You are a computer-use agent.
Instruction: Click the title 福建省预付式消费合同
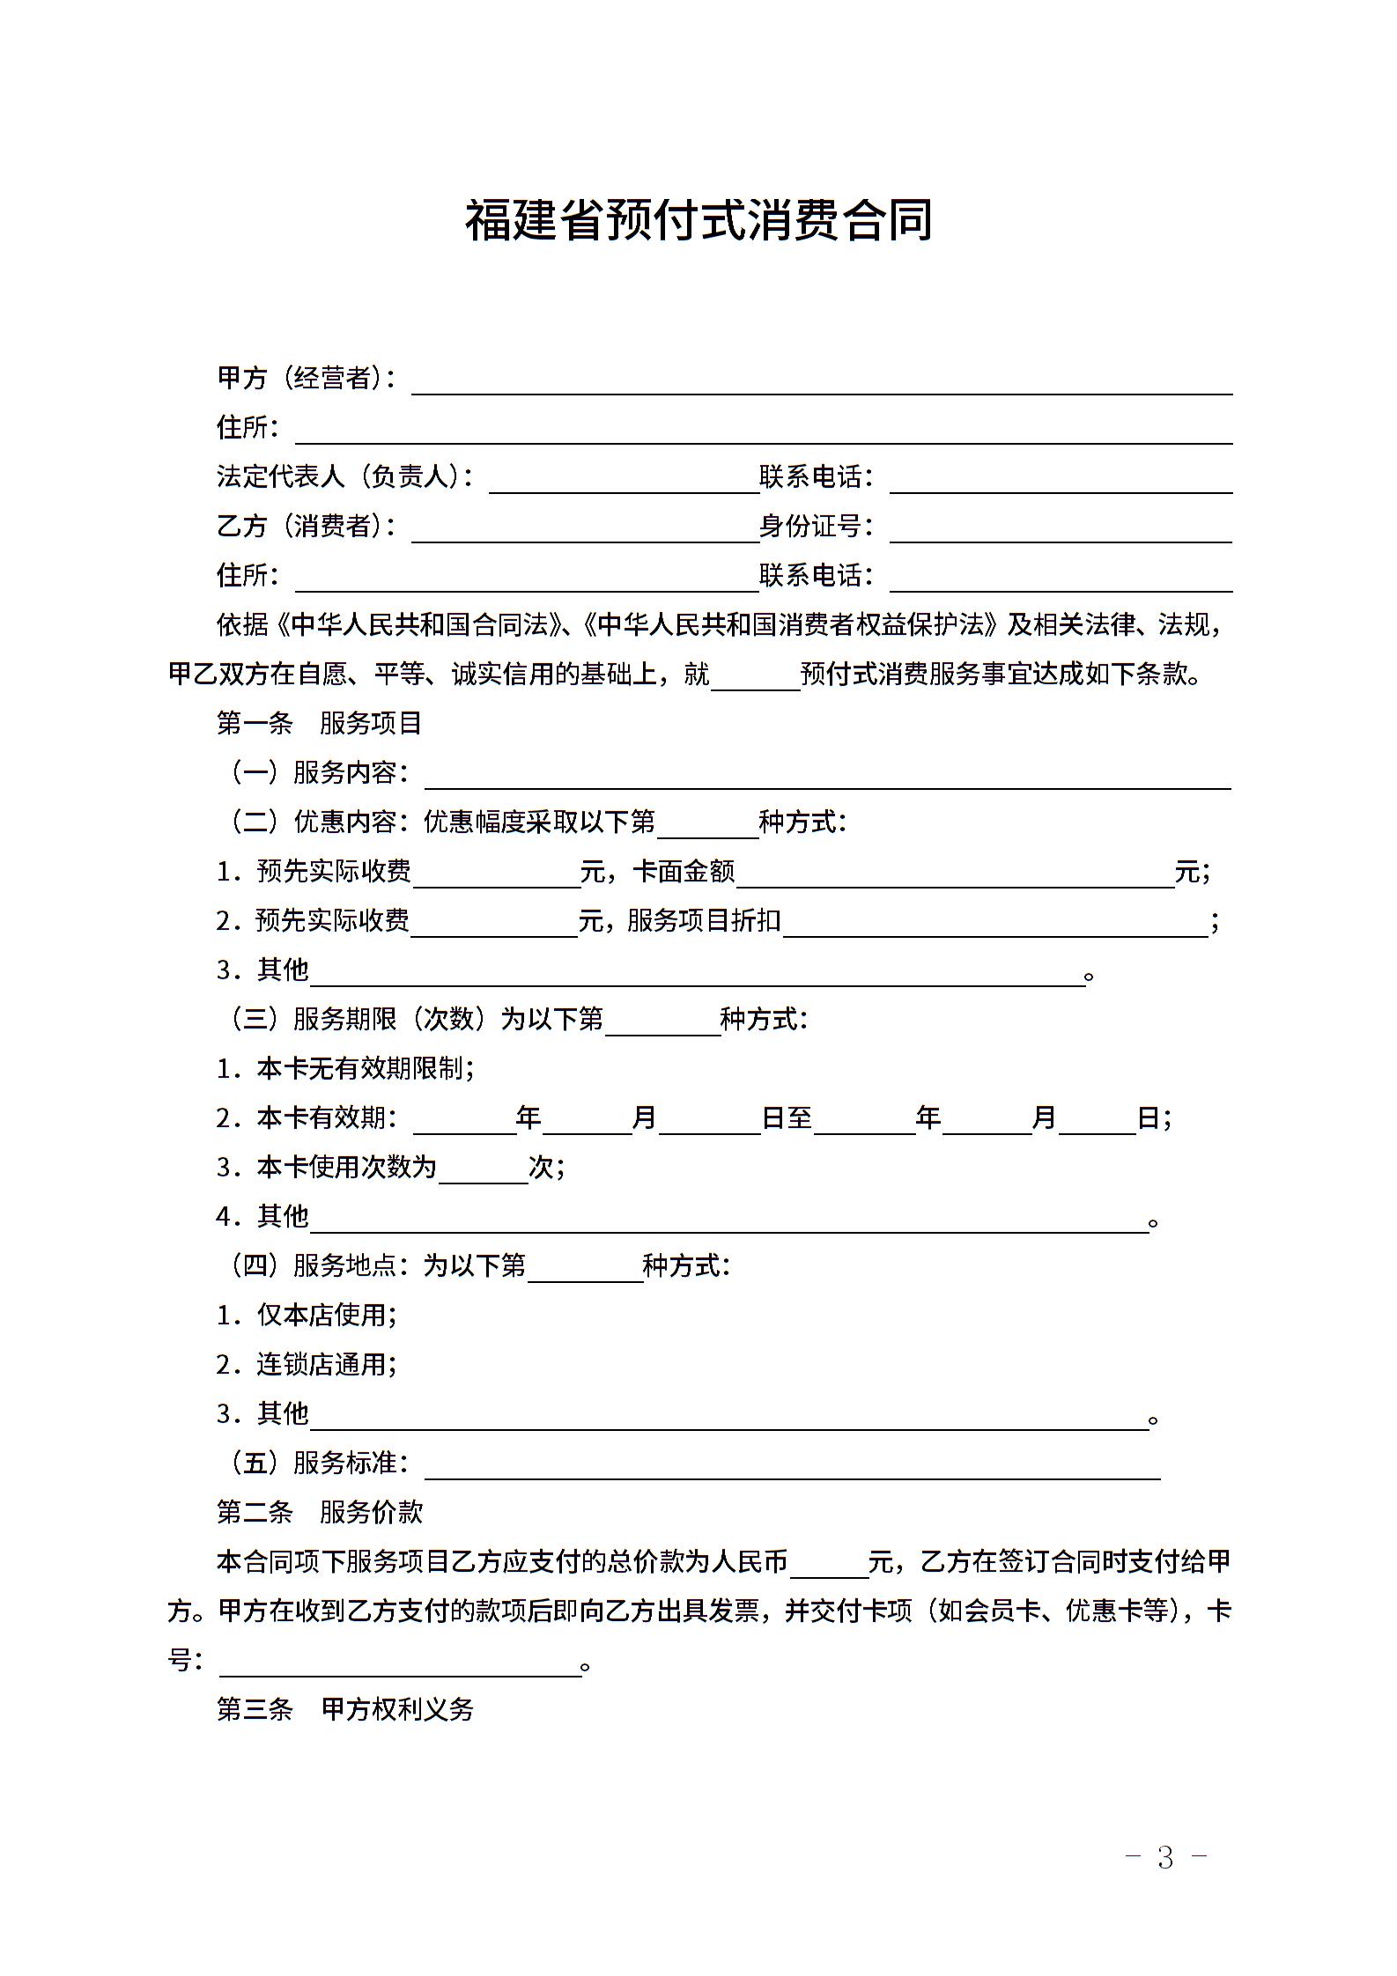pyautogui.click(x=698, y=220)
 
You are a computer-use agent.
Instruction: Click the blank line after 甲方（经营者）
pyautogui.click(x=821, y=382)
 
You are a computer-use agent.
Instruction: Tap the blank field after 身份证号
pyautogui.click(x=1061, y=530)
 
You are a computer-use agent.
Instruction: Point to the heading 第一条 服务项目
pyautogui.click(x=320, y=724)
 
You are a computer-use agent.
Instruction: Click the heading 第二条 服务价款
pyautogui.click(x=320, y=1513)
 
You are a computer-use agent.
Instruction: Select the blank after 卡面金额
pyautogui.click(x=955, y=875)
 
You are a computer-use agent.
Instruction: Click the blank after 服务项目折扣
pyautogui.click(x=995, y=925)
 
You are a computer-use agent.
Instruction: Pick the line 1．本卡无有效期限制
pyautogui.click(x=345, y=1069)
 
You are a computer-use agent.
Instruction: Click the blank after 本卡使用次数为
pyautogui.click(x=483, y=1171)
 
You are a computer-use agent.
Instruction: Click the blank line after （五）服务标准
pyautogui.click(x=793, y=1467)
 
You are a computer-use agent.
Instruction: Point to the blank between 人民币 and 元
pyautogui.click(x=830, y=1566)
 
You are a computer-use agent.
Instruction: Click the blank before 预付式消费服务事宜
pyautogui.click(x=755, y=678)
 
